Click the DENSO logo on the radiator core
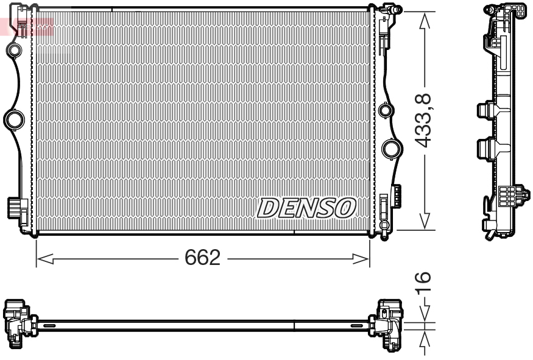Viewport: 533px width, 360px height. click(307, 208)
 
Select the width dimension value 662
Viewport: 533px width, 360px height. click(202, 258)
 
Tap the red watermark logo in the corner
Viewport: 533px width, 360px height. click(27, 26)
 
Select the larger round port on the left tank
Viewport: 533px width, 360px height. click(13, 118)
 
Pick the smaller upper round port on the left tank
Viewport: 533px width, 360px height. click(13, 49)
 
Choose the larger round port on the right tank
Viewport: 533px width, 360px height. click(391, 149)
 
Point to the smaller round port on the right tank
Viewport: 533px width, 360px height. click(384, 111)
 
